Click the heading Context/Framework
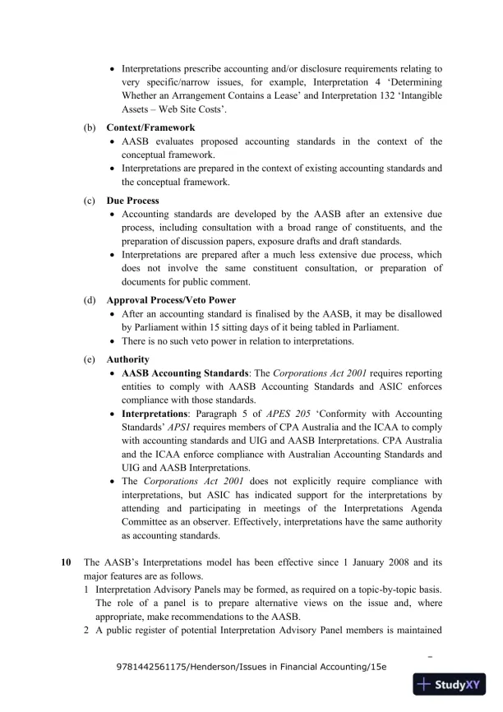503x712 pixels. point(150,128)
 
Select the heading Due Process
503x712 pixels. point(132,201)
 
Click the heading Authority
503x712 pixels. point(127,359)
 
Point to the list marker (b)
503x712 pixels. point(89,128)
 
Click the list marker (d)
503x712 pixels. point(89,301)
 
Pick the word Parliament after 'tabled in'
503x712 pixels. point(375,327)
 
